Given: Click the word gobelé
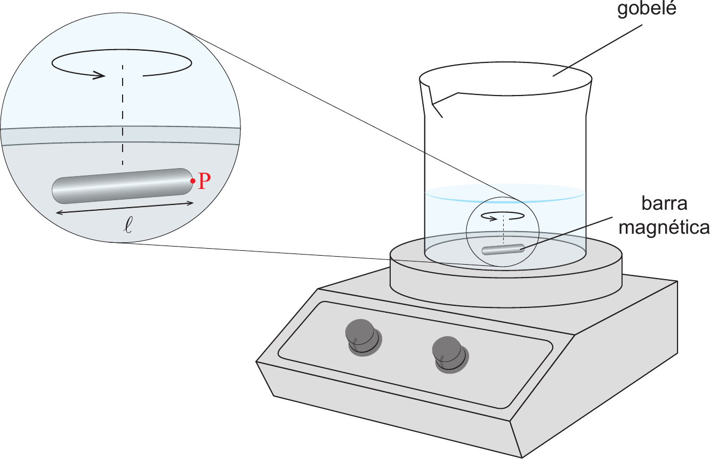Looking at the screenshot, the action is pyautogui.click(x=647, y=9).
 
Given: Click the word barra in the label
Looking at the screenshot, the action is pyautogui.click(x=664, y=203).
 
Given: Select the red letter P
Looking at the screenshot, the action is pyautogui.click(x=204, y=181).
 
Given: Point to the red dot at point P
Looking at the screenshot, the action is pyautogui.click(x=193, y=181).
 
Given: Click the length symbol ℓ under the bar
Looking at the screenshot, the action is pyautogui.click(x=128, y=226).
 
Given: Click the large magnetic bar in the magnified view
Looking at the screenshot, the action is pyautogui.click(x=123, y=186).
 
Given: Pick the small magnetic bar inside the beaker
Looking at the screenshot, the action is pyautogui.click(x=503, y=249).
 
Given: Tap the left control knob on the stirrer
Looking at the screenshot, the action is pyautogui.click(x=363, y=337).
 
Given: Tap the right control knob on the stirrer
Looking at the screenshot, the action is pyautogui.click(x=450, y=354).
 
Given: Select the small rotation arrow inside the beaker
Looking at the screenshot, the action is pyautogui.click(x=503, y=216).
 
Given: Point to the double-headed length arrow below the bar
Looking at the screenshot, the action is pyautogui.click(x=125, y=208).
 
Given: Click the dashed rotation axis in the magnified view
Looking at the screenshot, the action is pyautogui.click(x=123, y=115).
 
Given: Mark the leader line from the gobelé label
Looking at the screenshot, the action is pyautogui.click(x=598, y=51).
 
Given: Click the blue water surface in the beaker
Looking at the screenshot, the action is pyautogui.click(x=505, y=193).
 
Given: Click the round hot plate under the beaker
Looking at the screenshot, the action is pyautogui.click(x=506, y=279).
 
